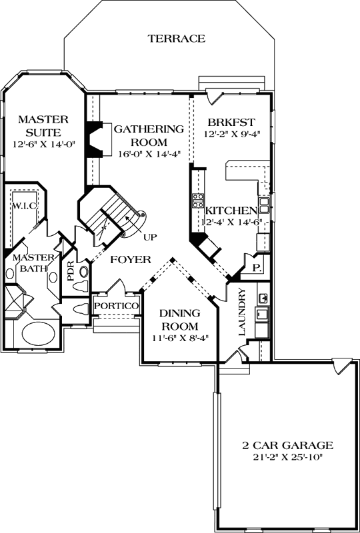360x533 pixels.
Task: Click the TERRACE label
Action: (176, 39)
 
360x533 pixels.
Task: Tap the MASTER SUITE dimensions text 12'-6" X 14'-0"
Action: (44, 144)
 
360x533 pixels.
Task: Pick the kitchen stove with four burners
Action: (198, 201)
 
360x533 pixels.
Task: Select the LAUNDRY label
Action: (243, 312)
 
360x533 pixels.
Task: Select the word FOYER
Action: (130, 259)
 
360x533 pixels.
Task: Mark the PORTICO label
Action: (116, 305)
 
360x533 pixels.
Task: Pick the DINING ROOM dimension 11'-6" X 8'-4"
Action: (179, 338)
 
